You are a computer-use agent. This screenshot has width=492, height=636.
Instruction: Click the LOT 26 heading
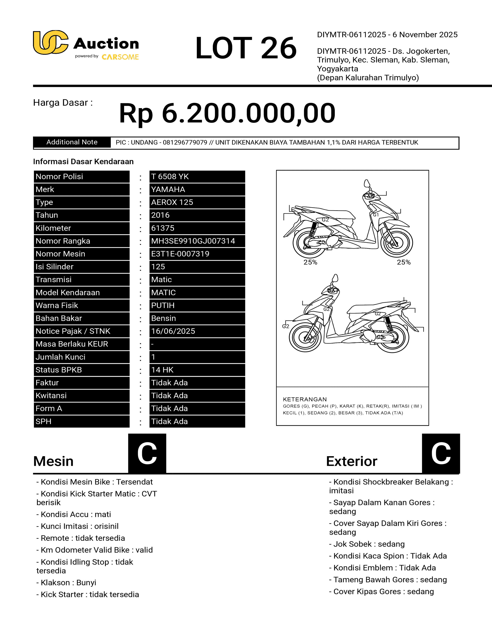pos(246,48)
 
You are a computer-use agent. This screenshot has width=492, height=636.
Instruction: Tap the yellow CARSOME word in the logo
pos(120,57)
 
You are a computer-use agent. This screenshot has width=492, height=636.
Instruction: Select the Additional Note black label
pos(72,142)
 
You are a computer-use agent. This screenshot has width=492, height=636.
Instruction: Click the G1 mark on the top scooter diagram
pos(376,215)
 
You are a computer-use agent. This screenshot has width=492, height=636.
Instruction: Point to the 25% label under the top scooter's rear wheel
pos(310,262)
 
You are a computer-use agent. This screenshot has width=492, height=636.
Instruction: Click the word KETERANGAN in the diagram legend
pos(305,399)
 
